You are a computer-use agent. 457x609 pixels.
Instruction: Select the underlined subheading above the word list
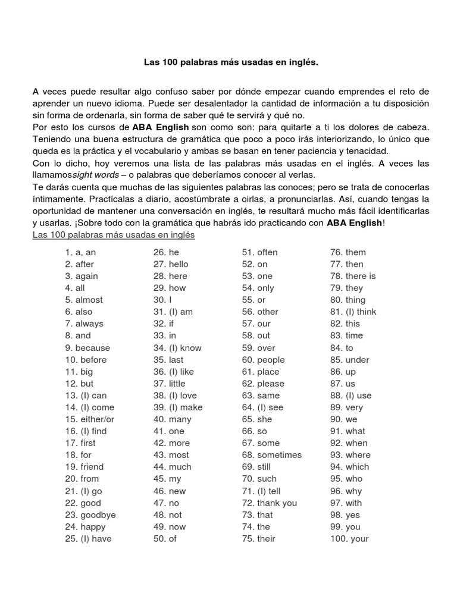[x=114, y=235]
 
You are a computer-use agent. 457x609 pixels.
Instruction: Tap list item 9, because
[x=87, y=348]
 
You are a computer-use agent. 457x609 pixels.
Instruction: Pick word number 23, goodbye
[x=90, y=515]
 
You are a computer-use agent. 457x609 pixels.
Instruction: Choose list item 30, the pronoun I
[x=162, y=300]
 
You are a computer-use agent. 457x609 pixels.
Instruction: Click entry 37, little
[x=169, y=384]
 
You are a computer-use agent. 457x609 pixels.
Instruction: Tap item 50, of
[x=165, y=539]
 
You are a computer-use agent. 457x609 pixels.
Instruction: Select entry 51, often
[x=259, y=252]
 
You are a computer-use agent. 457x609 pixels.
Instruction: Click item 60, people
[x=263, y=360]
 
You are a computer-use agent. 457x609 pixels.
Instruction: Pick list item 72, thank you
[x=269, y=503]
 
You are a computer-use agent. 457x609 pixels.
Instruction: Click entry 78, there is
[x=353, y=276]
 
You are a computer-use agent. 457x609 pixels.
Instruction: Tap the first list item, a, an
[x=80, y=252]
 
